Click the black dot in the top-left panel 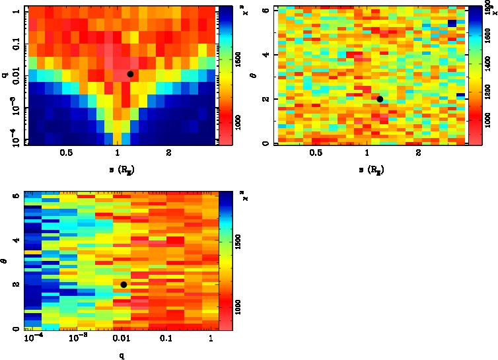pos(130,74)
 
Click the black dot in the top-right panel pos(380,99)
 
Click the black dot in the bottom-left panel pos(124,284)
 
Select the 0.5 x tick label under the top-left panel pos(66,153)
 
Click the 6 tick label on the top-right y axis pos(265,10)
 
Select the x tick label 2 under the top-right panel pos(418,153)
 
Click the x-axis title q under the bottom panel pos(122,355)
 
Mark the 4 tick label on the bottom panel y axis pos(15,240)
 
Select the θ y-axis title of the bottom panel pos(5,261)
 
